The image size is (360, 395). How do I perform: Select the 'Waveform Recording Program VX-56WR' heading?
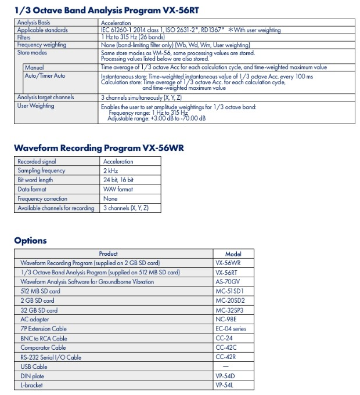point(99,147)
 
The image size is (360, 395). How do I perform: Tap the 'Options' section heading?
point(30,241)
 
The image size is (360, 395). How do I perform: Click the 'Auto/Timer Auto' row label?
point(45,76)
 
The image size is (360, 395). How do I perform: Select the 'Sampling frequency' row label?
point(41,171)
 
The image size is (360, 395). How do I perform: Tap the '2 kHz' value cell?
point(110,171)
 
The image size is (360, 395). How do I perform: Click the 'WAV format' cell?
point(118,190)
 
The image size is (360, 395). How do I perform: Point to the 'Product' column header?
point(109,253)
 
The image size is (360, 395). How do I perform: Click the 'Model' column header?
point(233,253)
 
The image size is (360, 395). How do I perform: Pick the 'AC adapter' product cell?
point(35,320)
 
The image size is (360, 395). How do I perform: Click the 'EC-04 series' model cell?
point(231,329)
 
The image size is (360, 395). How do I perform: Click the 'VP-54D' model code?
point(226,376)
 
